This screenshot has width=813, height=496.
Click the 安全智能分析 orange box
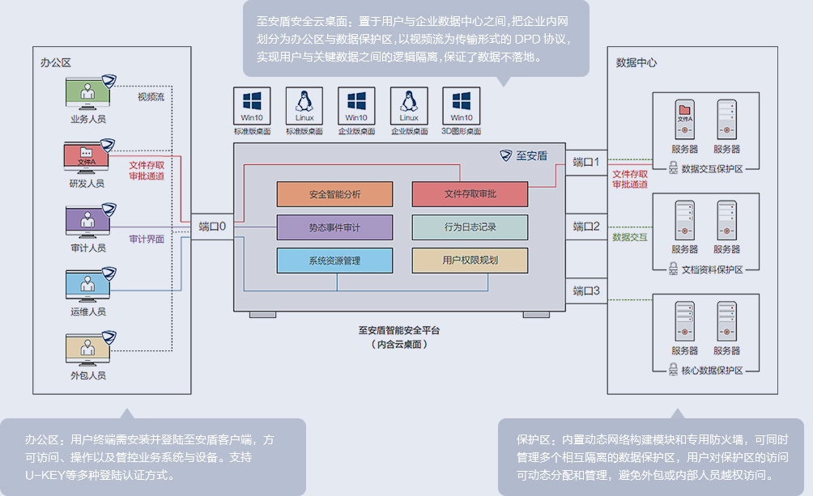334,194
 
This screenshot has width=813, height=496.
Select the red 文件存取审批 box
470,194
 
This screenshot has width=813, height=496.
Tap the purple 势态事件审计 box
334,227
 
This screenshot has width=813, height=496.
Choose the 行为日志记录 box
470,227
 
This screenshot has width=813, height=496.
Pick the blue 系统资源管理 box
334,261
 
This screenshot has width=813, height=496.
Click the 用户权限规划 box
470,261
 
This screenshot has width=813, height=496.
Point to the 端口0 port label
212,227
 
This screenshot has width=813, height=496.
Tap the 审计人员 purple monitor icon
87,220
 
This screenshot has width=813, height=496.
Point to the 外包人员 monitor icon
87,348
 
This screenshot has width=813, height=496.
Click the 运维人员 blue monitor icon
87,284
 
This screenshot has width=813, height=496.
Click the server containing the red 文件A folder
684,119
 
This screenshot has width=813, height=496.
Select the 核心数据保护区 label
706,370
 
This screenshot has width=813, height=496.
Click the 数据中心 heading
636,61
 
